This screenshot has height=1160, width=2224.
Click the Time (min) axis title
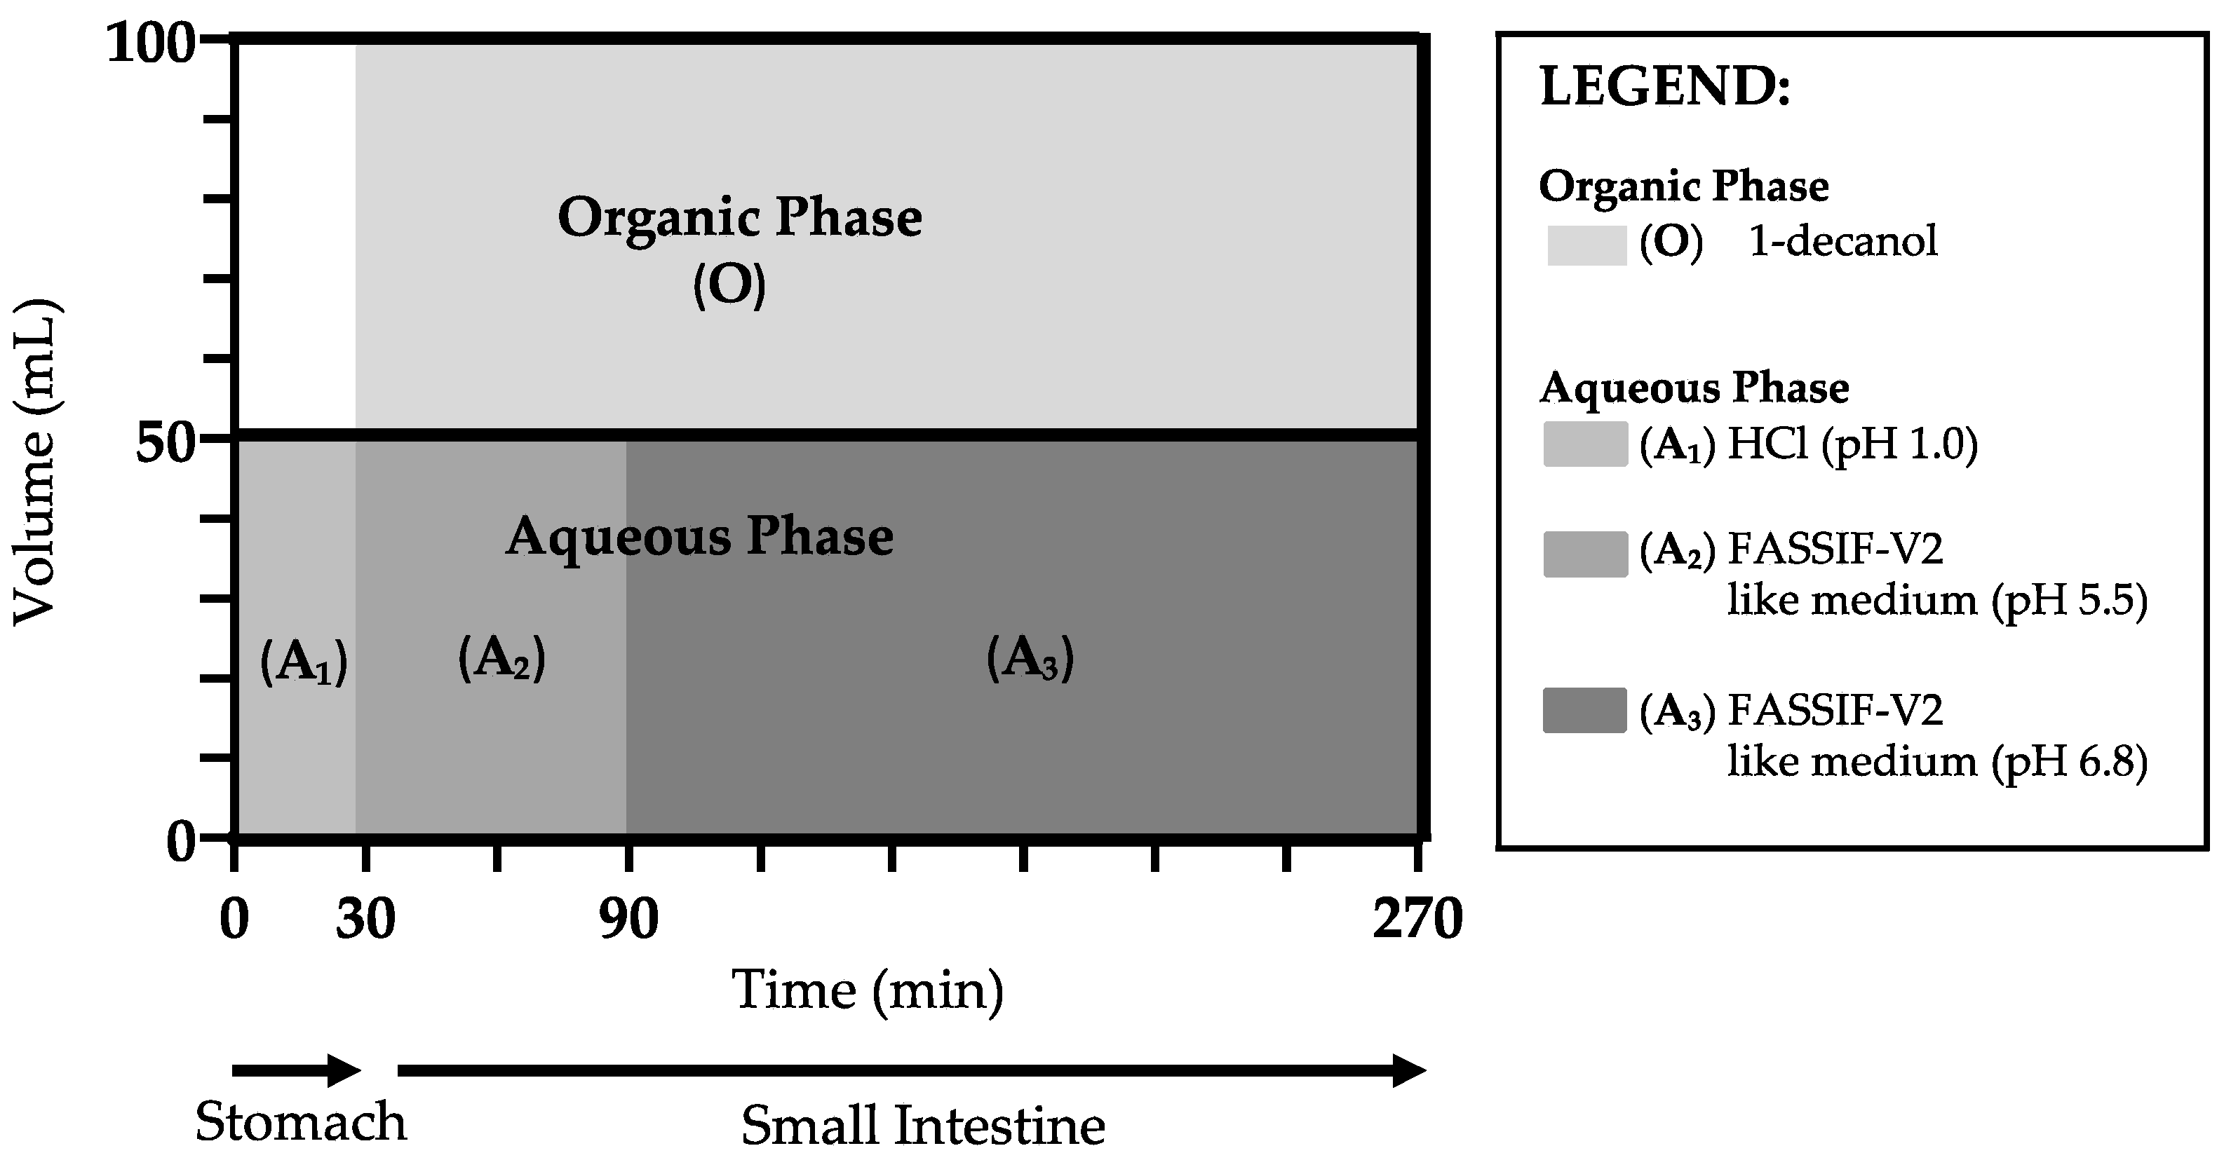click(x=868, y=991)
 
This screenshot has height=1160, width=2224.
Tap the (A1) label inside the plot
click(x=304, y=663)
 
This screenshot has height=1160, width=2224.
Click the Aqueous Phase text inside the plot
click(x=699, y=537)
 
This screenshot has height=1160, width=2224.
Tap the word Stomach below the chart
click(x=300, y=1122)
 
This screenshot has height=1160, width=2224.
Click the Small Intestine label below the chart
click(x=923, y=1126)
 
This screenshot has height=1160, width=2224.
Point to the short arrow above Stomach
click(x=295, y=1071)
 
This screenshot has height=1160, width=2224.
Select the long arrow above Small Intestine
click(x=911, y=1071)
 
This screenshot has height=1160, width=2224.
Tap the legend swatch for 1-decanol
click(x=1587, y=245)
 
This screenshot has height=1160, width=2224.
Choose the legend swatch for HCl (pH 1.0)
click(x=1585, y=444)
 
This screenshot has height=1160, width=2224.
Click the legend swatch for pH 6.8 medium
click(x=1585, y=710)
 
